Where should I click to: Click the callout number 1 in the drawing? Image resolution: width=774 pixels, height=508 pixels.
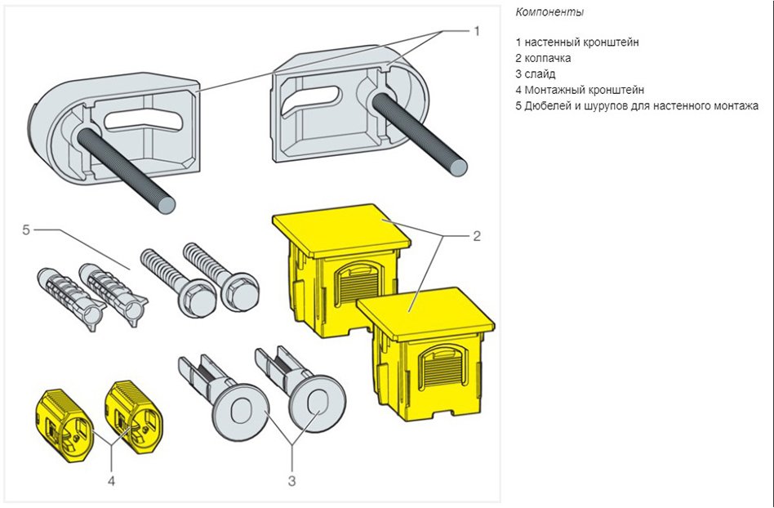click(x=477, y=30)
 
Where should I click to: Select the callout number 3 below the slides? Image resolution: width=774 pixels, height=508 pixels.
click(x=291, y=480)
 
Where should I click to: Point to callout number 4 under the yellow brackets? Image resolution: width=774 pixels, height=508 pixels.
click(x=112, y=480)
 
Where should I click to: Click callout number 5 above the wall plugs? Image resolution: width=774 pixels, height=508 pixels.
click(x=26, y=230)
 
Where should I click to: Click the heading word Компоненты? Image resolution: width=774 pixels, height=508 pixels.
click(x=549, y=12)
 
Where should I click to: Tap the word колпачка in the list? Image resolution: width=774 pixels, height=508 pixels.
click(x=548, y=57)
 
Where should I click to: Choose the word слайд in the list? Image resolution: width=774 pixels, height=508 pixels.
click(x=540, y=74)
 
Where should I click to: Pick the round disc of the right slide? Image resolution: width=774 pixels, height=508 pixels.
click(x=314, y=405)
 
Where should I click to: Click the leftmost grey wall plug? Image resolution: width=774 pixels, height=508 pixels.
click(x=60, y=295)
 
